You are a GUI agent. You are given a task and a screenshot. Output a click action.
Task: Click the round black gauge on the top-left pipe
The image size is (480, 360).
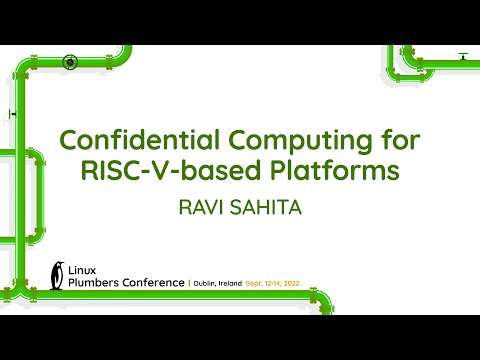click(x=70, y=62)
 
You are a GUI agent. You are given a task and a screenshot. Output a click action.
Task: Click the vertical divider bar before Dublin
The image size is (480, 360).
click(x=190, y=283)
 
